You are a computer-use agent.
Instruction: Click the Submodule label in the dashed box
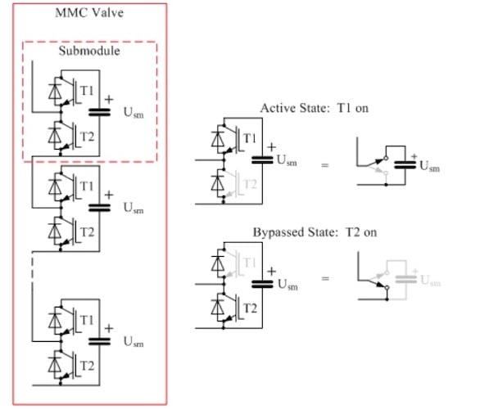point(89,51)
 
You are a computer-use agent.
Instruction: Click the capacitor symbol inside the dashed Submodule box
point(100,112)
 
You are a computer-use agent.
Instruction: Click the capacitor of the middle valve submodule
point(100,208)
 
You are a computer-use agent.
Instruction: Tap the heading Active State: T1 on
point(315,108)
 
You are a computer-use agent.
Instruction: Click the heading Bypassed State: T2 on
point(315,232)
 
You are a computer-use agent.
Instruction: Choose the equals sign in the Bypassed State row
point(324,281)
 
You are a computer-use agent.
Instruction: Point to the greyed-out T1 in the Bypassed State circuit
point(249,262)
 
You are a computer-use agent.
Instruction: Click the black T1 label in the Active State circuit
point(249,137)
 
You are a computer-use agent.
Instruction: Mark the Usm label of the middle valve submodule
point(132,208)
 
